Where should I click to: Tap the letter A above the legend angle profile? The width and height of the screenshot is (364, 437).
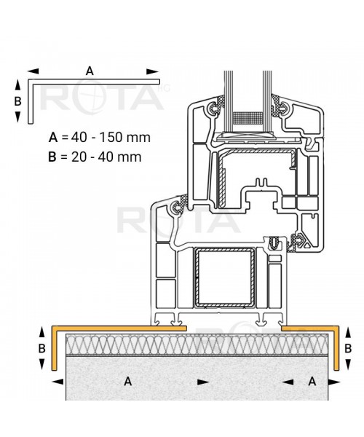pos(90,71)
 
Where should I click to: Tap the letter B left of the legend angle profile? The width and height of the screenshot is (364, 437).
pos(18,101)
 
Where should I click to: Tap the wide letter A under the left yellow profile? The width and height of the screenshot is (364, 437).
pos(127,380)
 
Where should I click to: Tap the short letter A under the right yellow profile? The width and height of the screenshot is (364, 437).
pos(312,380)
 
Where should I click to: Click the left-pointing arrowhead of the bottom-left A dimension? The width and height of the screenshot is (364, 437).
pos(57,380)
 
